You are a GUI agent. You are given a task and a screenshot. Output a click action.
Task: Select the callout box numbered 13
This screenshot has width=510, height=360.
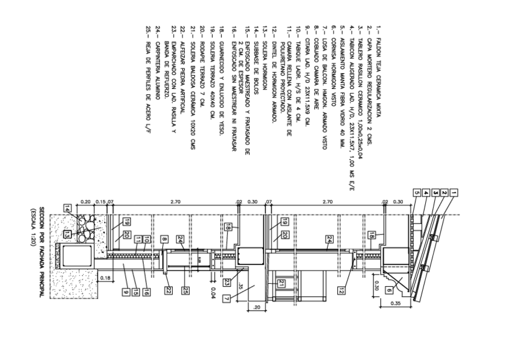coord(68,233)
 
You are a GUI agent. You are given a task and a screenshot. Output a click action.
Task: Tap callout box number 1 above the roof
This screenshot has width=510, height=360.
coord(455,193)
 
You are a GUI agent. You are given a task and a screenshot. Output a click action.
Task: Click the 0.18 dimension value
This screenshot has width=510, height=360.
coord(106,278)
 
